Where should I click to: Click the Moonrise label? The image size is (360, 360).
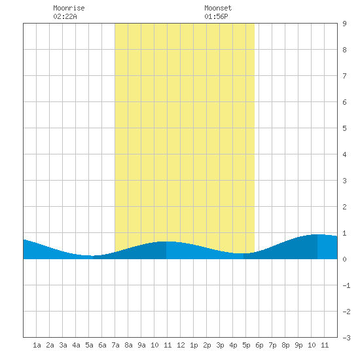69,8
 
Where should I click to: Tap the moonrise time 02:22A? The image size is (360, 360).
65,16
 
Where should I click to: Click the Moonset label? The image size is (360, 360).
218,8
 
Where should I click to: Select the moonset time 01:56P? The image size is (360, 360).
216,16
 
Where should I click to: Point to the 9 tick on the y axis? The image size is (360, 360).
344,24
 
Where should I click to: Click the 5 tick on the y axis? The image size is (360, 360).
344,128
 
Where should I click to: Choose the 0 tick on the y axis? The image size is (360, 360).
344,259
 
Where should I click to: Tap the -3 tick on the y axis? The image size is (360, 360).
346,338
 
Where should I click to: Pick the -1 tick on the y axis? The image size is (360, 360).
346,285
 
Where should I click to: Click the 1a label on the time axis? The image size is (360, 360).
37,345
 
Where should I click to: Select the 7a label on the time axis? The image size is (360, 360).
115,345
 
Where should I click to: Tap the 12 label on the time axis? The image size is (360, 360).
181,345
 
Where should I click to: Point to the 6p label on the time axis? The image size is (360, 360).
259,345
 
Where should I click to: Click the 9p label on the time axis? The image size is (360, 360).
298,345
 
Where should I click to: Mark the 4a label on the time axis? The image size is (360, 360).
76,345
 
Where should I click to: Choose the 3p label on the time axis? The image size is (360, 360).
220,345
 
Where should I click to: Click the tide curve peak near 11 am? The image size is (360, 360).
166,242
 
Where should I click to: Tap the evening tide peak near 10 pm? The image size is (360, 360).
317,234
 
